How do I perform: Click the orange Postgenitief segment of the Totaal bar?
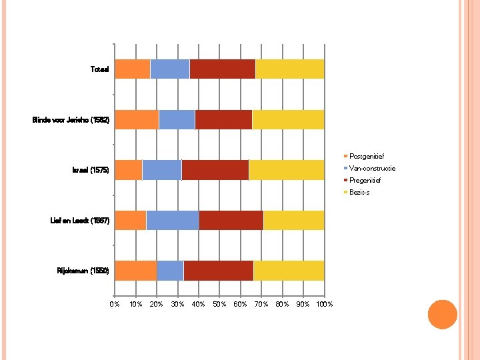pyautogui.click(x=133, y=69)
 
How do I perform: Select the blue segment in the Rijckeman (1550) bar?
pyautogui.click(x=170, y=271)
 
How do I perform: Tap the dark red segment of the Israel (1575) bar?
pyautogui.click(x=215, y=170)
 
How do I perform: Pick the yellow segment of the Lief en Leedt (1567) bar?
pyautogui.click(x=294, y=220)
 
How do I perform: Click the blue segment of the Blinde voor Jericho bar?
pyautogui.click(x=177, y=119)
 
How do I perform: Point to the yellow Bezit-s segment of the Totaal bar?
pyautogui.click(x=290, y=69)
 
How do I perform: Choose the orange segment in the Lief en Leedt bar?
pyautogui.click(x=131, y=220)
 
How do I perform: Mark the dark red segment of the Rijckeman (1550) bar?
pyautogui.click(x=219, y=271)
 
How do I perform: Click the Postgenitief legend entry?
pyautogui.click(x=364, y=156)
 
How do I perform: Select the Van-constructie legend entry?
pyautogui.click(x=369, y=168)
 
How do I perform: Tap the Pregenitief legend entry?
pyautogui.click(x=363, y=180)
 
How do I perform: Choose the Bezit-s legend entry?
pyautogui.click(x=357, y=192)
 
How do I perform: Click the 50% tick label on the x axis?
pyautogui.click(x=219, y=304)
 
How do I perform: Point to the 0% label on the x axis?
pyautogui.click(x=115, y=304)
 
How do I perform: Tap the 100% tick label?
pyautogui.click(x=325, y=304)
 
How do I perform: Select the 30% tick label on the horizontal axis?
pyautogui.click(x=177, y=304)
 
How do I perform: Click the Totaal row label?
pyautogui.click(x=100, y=69)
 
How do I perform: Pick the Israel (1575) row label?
pyautogui.click(x=91, y=170)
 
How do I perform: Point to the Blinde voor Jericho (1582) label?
pyautogui.click(x=71, y=120)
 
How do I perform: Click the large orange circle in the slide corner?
pyautogui.click(x=443, y=315)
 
